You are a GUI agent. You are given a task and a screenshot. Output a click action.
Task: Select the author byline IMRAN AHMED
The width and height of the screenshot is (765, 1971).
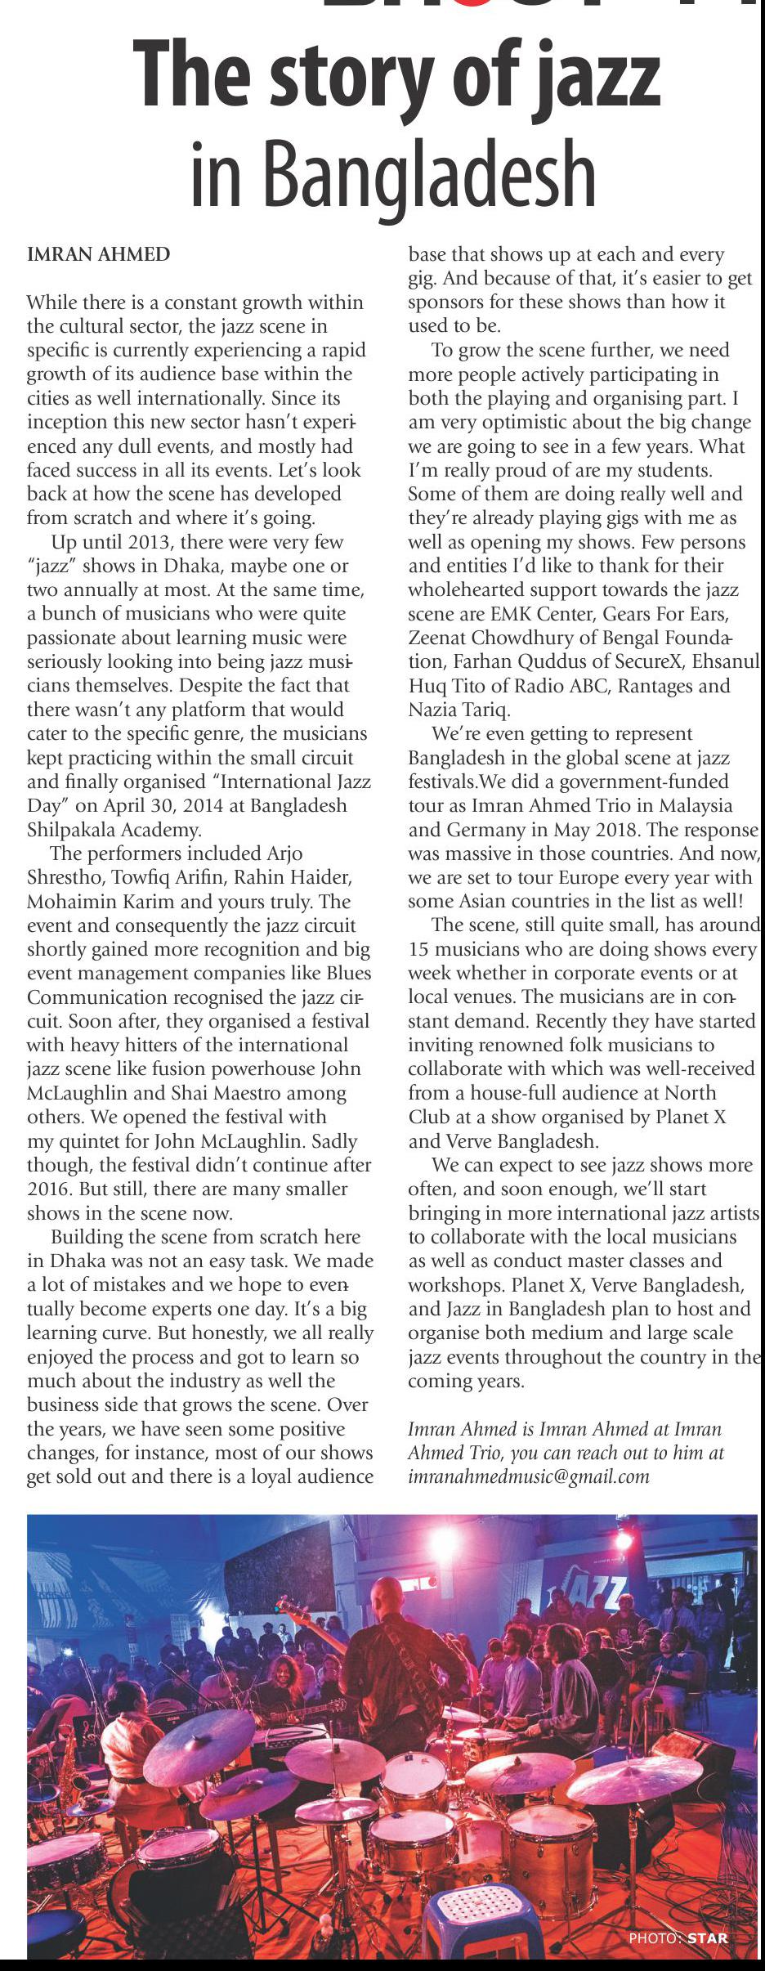pos(99,254)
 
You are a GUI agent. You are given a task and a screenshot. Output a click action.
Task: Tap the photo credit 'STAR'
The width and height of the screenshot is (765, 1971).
pos(707,1937)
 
